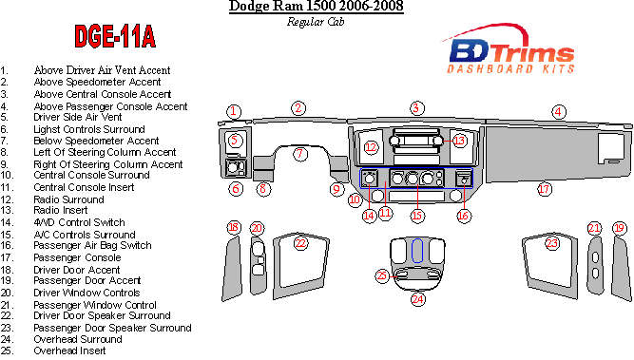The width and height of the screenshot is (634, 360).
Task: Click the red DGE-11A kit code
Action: [115, 36]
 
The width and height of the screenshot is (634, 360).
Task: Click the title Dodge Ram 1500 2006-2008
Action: [317, 7]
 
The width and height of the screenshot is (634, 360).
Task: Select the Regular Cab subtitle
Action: [316, 22]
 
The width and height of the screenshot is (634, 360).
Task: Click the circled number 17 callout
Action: [545, 189]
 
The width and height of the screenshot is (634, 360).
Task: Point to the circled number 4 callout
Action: [558, 111]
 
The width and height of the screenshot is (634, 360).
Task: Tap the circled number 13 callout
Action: [459, 141]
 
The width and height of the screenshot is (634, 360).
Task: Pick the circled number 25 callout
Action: [382, 276]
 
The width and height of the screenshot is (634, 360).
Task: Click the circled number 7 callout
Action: [299, 154]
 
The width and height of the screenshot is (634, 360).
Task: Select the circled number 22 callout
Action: [300, 243]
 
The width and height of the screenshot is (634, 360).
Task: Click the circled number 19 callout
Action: [620, 228]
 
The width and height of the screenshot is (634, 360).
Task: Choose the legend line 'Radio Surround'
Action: [68, 199]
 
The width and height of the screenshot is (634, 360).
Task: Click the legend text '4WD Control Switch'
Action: [79, 222]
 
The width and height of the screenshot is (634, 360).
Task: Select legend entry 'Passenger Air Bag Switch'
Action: [92, 246]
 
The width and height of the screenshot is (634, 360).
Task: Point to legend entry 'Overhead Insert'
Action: [69, 351]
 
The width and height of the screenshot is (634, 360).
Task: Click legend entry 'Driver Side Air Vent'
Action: [78, 117]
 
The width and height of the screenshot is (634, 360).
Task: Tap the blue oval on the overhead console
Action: [417, 251]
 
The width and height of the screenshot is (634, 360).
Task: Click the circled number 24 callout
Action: [417, 299]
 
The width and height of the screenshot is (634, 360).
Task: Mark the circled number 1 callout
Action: [233, 111]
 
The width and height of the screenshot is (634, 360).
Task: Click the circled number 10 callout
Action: [355, 200]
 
